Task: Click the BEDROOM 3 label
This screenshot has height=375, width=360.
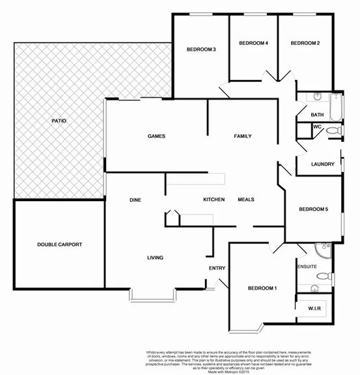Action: click(x=201, y=49)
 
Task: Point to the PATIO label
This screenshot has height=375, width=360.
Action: click(x=59, y=121)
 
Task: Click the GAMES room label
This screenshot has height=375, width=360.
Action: click(x=156, y=136)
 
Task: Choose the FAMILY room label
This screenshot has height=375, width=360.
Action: click(x=243, y=136)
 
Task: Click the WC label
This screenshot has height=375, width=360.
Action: click(x=317, y=127)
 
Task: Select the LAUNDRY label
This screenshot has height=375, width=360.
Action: click(x=323, y=164)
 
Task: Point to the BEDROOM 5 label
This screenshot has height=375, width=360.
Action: click(x=314, y=210)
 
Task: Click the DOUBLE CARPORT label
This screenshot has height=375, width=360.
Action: click(x=59, y=244)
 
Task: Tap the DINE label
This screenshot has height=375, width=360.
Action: click(x=135, y=200)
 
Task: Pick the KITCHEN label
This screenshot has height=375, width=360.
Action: click(x=214, y=199)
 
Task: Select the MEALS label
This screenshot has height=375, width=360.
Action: click(x=245, y=199)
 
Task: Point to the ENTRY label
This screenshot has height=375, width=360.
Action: click(x=217, y=268)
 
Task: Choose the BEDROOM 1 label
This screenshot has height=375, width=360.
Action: click(x=262, y=288)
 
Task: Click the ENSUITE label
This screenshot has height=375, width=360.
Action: click(x=307, y=267)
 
